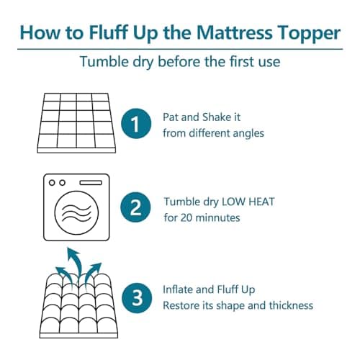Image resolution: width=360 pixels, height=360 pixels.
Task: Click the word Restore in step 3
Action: coord(183,305)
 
